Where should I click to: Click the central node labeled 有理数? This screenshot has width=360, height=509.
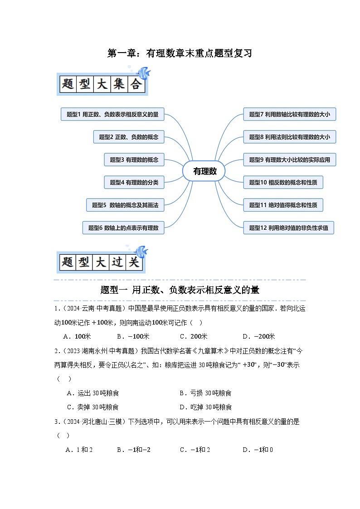(x=204, y=171)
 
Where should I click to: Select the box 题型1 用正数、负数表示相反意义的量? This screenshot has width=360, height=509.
(x=112, y=114)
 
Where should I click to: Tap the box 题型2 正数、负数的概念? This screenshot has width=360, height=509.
(x=129, y=137)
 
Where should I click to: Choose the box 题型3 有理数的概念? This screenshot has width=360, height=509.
(x=134, y=160)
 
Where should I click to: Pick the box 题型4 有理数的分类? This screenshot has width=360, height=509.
(x=134, y=182)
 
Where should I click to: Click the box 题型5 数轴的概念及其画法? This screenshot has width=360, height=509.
(x=125, y=205)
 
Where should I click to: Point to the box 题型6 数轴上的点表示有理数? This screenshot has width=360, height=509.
(x=123, y=228)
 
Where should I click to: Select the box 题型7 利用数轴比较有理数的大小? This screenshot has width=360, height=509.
(x=289, y=114)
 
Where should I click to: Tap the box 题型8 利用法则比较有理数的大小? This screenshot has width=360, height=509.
(x=289, y=137)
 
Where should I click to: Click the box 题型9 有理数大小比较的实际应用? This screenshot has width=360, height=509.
(x=289, y=160)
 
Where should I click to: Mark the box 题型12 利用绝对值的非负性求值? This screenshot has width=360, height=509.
(x=288, y=228)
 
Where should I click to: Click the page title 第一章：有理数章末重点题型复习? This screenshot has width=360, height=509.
(x=180, y=53)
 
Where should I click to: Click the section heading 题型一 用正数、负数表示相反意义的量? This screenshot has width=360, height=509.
(x=180, y=290)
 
